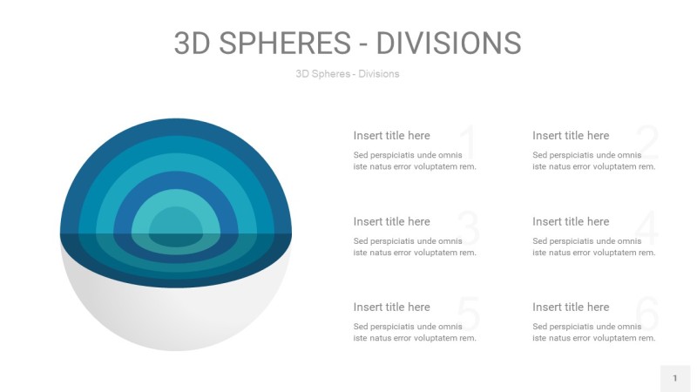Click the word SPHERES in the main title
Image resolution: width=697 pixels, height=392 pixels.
(x=278, y=43)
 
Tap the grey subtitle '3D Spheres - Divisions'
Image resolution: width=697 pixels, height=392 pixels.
(x=348, y=74)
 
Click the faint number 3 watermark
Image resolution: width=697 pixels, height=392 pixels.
(x=468, y=229)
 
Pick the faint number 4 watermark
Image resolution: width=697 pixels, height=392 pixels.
(x=646, y=229)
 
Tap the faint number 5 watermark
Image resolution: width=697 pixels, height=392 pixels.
(x=468, y=314)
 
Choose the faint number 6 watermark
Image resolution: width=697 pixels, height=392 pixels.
(x=646, y=314)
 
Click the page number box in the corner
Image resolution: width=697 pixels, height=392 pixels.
(x=674, y=378)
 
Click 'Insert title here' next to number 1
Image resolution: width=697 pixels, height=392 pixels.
(x=391, y=135)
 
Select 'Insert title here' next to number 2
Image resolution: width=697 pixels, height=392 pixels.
(x=571, y=135)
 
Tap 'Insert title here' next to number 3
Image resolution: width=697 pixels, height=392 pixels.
(x=391, y=221)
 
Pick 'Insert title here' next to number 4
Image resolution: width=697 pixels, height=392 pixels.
(x=571, y=221)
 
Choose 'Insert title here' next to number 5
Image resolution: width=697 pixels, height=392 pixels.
(x=391, y=307)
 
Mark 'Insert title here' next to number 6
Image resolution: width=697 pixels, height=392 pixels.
(x=571, y=307)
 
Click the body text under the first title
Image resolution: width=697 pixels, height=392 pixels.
(x=415, y=160)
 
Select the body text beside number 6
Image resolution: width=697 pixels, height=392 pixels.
(x=593, y=332)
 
